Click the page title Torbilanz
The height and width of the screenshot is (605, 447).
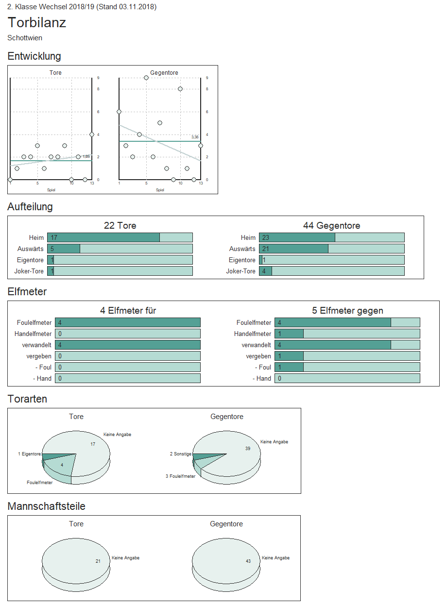pos(37,23)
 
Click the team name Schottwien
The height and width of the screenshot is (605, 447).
pos(25,38)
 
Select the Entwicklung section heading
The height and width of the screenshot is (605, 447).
pos(34,56)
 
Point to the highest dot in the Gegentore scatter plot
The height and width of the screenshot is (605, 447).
pos(146,78)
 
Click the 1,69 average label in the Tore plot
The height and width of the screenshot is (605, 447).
pos(86,156)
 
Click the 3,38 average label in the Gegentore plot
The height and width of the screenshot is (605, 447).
pos(195,137)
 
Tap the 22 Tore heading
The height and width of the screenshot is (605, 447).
pos(120,226)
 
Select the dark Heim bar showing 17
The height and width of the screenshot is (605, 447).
pos(103,237)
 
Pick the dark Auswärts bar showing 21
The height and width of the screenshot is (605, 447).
pos(293,249)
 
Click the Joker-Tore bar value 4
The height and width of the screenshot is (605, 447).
pos(264,271)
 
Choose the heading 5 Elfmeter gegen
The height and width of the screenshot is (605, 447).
pos(347,311)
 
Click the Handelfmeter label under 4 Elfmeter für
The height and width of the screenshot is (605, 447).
pos(34,334)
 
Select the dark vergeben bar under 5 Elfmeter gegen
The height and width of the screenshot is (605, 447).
pos(289,356)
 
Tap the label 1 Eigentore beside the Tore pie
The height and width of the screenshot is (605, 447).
pos(30,454)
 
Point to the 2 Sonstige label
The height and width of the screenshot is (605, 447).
pos(181,454)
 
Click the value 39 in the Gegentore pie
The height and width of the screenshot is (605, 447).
pos(248,449)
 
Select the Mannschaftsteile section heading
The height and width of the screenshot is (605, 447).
pos(47,506)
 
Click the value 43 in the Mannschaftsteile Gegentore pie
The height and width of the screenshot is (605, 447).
pos(248,561)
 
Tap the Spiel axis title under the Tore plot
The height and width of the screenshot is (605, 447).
pos(51,190)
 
